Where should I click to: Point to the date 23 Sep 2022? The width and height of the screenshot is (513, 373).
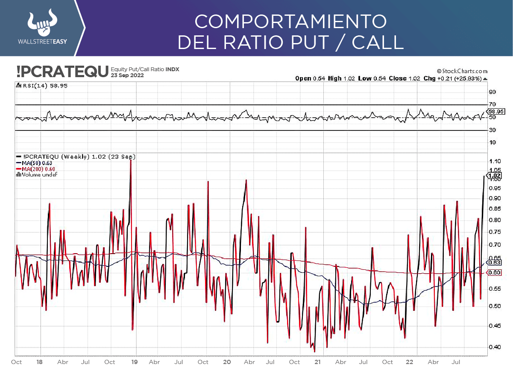pos(127,75)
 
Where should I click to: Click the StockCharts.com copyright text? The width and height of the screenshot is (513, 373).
pos(462,71)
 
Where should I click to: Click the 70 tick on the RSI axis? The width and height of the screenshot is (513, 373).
pos(492,104)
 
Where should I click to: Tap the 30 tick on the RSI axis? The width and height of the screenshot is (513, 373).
pos(492,130)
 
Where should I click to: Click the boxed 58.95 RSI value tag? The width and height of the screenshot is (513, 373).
pos(496,111)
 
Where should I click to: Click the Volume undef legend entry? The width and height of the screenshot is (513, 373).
pos(37,174)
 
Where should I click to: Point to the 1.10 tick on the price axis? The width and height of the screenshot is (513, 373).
pos(495,161)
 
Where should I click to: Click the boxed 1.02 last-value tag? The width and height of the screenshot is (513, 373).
pos(495,176)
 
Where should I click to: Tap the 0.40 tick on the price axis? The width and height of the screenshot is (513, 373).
pos(495,347)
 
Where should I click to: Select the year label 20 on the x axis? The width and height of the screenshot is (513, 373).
pos(227,362)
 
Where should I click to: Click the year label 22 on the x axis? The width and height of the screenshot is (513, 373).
pos(409,362)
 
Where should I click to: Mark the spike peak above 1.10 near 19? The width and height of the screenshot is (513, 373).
pos(130,160)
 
